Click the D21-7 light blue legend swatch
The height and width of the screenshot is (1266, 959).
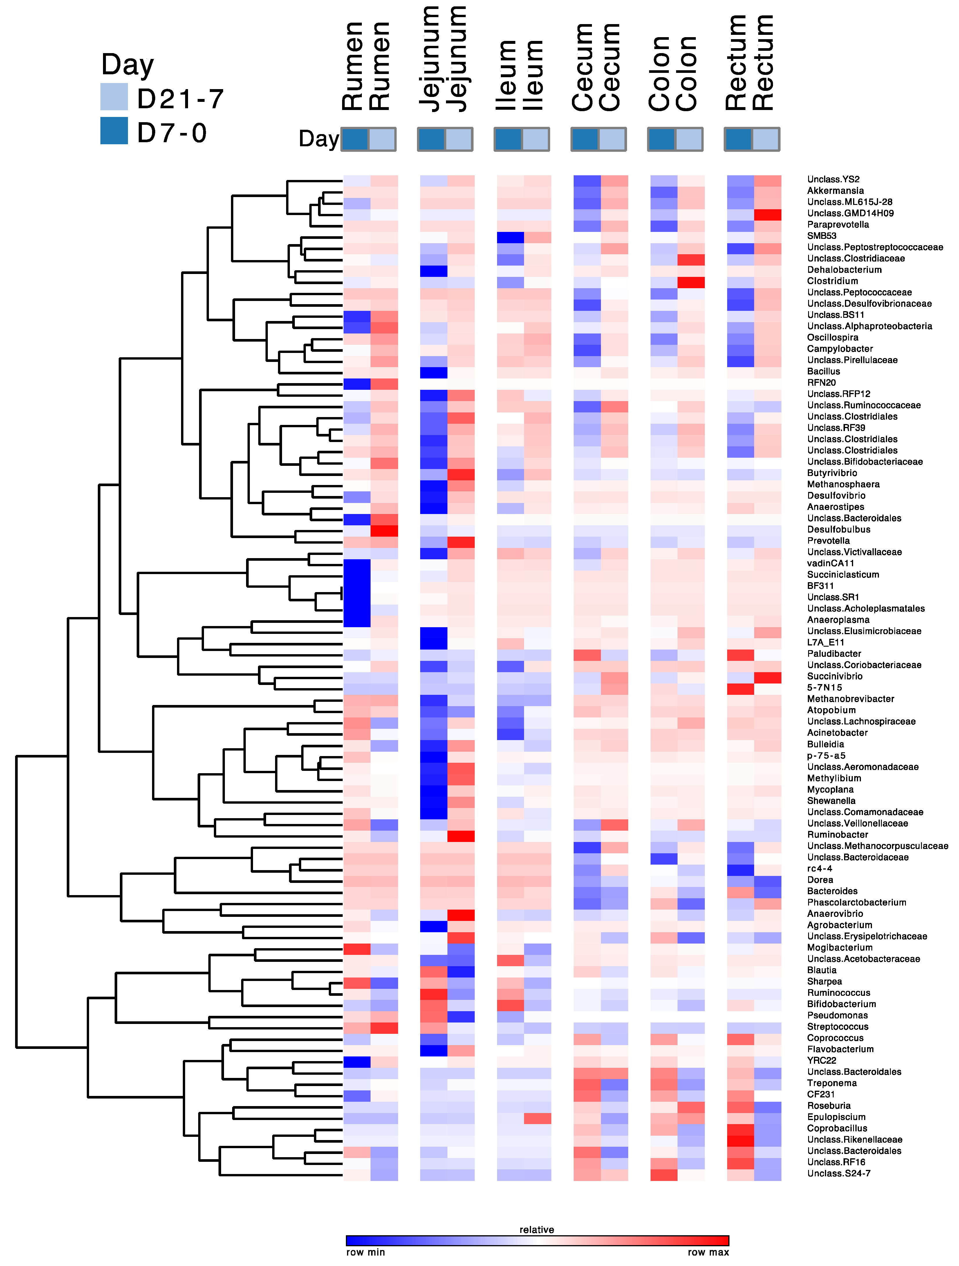tap(114, 97)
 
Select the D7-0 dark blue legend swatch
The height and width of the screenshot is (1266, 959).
tap(114, 131)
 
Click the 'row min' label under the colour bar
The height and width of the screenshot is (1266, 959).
tap(365, 1252)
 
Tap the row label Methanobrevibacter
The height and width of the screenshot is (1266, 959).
tap(850, 699)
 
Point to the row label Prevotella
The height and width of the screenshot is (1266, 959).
tap(828, 541)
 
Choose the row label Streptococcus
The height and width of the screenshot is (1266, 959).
tap(837, 1027)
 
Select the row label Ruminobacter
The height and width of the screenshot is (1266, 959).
tap(837, 834)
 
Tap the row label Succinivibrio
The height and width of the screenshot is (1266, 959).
tap(834, 676)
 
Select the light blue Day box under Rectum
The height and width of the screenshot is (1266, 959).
tap(765, 139)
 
